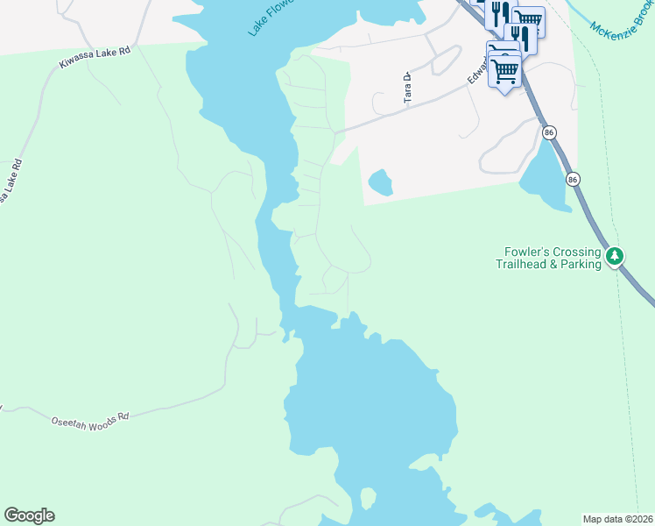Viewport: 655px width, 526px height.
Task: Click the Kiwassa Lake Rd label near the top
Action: (x=95, y=58)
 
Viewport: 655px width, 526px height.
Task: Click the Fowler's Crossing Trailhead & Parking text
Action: (x=548, y=257)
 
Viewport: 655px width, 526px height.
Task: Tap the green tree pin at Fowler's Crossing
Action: (x=616, y=256)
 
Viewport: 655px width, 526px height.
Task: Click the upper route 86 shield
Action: (x=548, y=131)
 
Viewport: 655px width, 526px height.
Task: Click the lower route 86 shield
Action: (x=573, y=178)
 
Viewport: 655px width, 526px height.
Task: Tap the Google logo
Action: (x=29, y=515)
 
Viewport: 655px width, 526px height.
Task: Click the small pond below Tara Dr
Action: (x=380, y=182)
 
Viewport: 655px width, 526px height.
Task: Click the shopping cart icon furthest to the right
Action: (x=528, y=19)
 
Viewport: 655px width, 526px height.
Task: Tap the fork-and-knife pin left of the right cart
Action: (x=500, y=12)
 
